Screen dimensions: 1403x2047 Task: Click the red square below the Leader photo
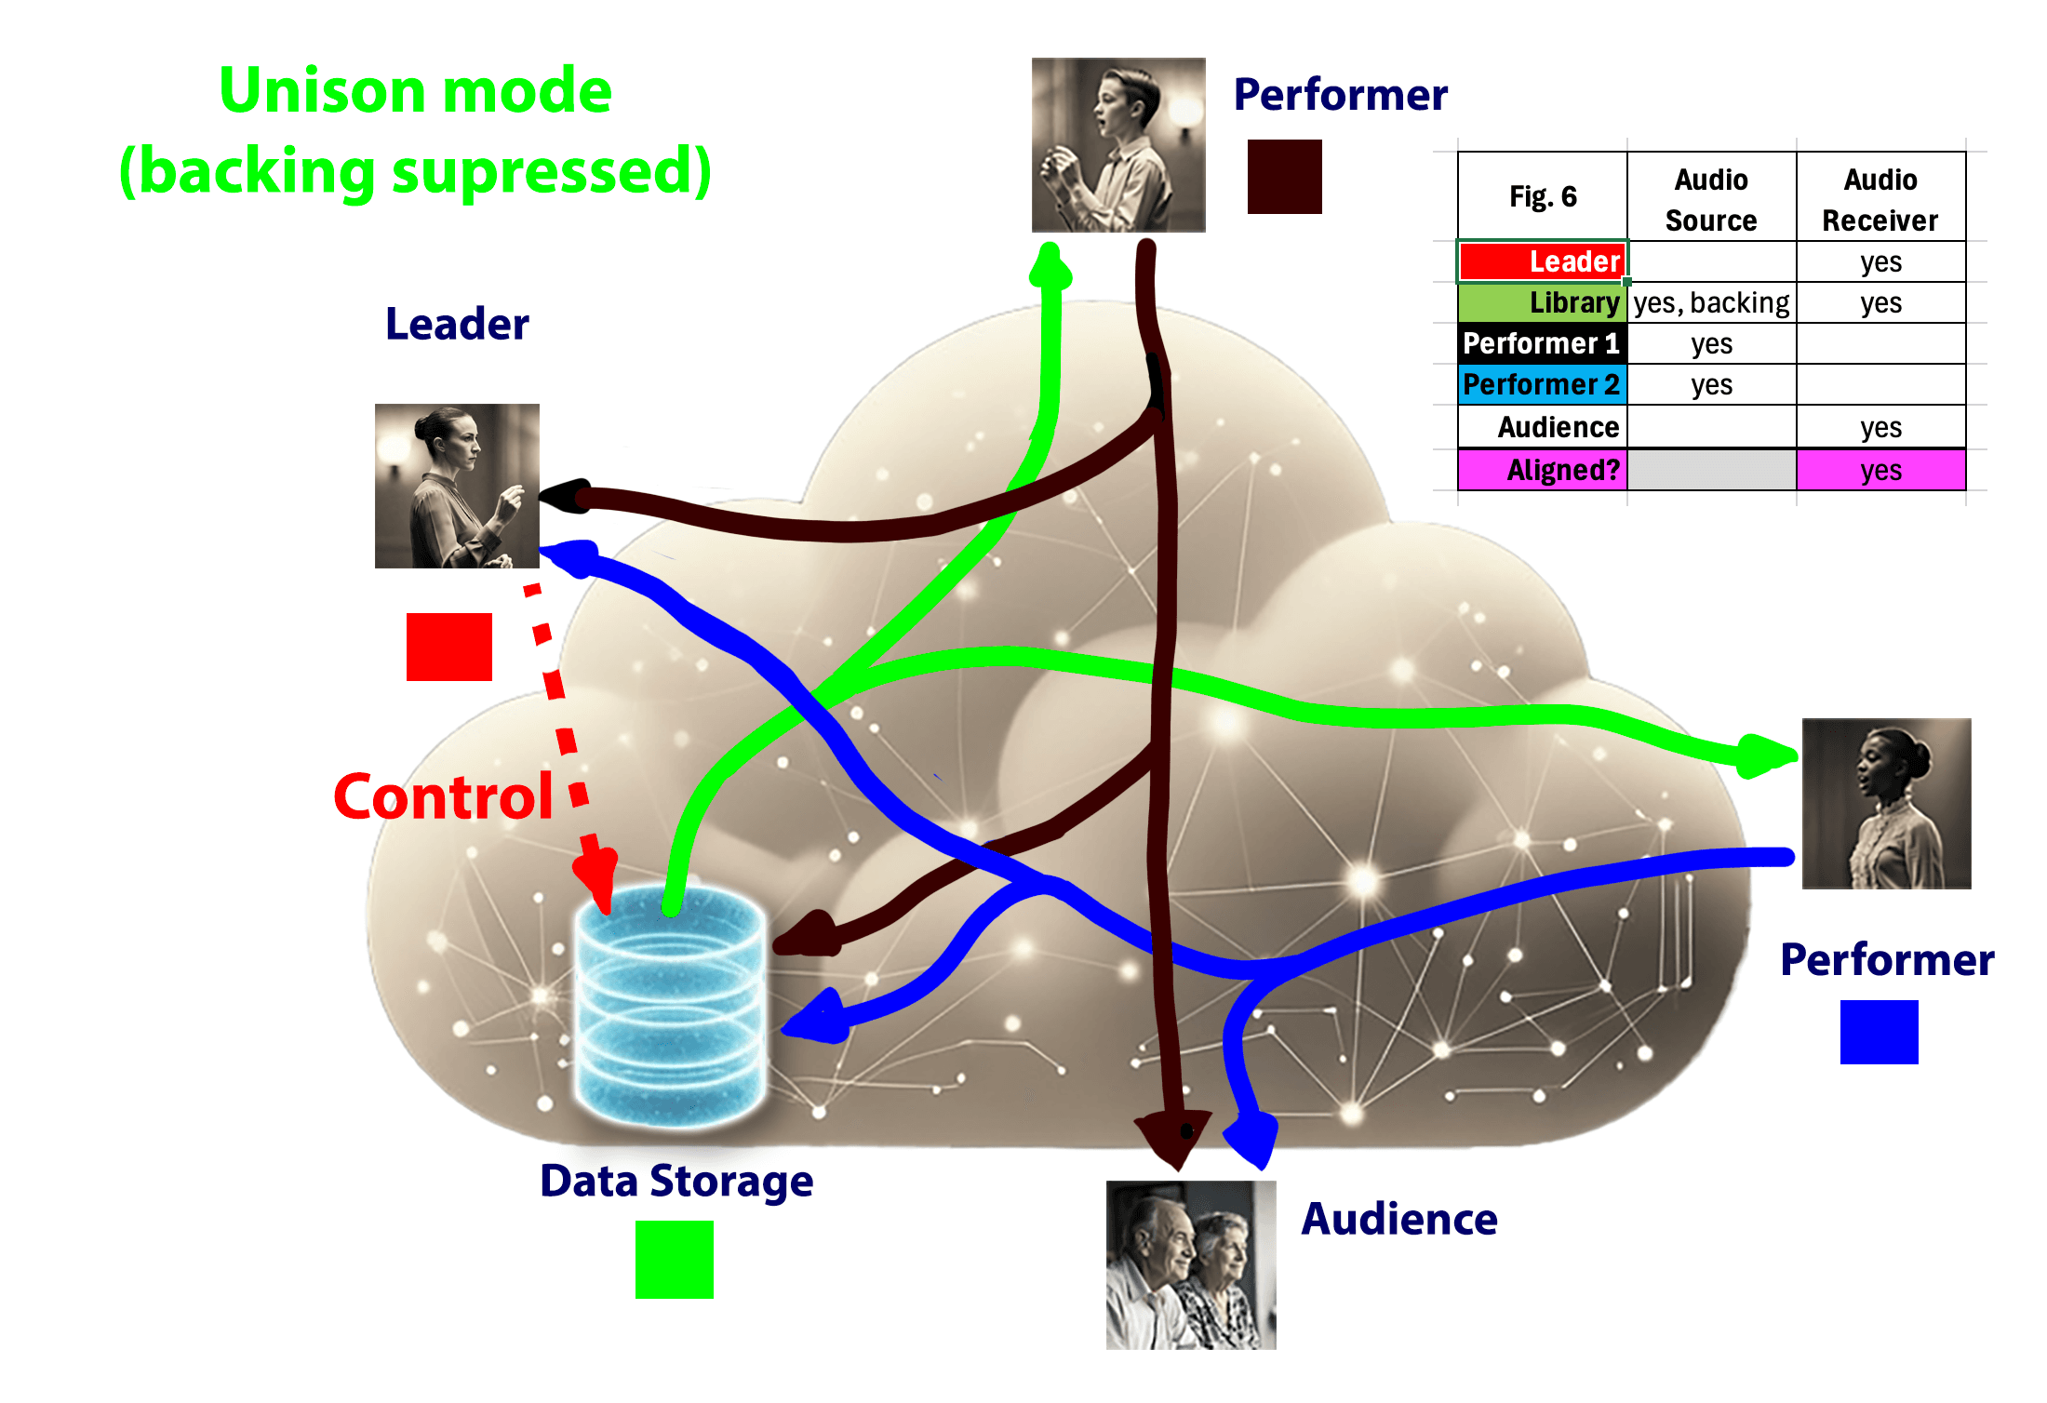click(448, 647)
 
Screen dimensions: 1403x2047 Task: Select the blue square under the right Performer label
click(1879, 1032)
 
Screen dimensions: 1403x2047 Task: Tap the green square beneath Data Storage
click(674, 1259)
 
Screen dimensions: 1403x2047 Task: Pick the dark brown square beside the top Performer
click(1284, 177)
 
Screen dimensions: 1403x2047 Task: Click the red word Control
click(443, 797)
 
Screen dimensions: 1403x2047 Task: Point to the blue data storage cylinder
click(670, 1005)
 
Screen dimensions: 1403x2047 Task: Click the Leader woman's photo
click(457, 486)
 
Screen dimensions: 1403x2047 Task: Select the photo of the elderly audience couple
click(1190, 1264)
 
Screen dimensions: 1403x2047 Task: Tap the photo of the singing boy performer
click(1118, 145)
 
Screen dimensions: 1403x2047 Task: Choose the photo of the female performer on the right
click(1886, 804)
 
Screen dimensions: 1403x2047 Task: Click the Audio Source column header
click(1711, 199)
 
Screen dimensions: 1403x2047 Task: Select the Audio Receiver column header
click(1880, 199)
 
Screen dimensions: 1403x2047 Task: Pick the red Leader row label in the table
click(1543, 261)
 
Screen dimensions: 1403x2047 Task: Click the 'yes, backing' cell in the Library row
click(1711, 303)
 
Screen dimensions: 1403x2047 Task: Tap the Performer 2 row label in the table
click(1543, 384)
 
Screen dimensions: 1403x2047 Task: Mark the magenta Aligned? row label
click(1543, 470)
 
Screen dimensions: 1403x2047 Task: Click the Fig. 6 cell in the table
click(1543, 196)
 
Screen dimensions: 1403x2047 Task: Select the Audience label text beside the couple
click(1398, 1219)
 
